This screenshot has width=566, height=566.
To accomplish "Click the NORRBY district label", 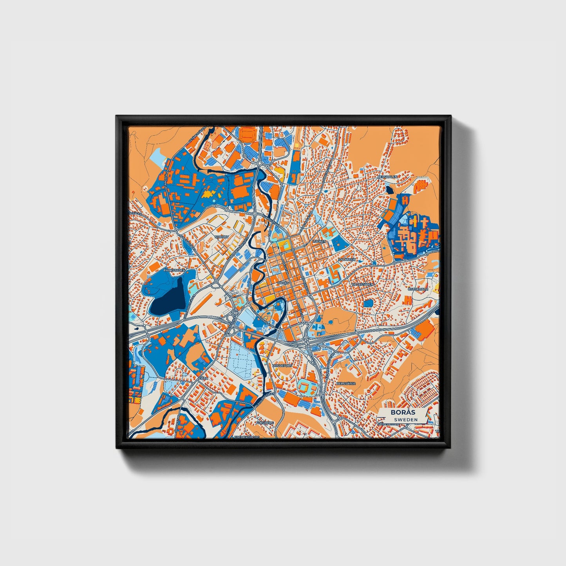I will tap(222, 237).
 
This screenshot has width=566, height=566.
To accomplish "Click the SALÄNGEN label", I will tap(347, 260).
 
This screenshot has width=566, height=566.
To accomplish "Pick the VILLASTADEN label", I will tap(362, 284).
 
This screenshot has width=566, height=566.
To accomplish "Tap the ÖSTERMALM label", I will tap(418, 289).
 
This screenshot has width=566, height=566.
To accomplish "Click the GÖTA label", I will tap(203, 379).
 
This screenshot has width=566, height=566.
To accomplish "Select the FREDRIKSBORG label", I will tap(247, 437).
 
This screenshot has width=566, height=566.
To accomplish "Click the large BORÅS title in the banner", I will tap(402, 412).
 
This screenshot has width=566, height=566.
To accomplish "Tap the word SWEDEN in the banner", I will tap(405, 420).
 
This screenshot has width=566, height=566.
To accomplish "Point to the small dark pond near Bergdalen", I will tap(390, 190).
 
